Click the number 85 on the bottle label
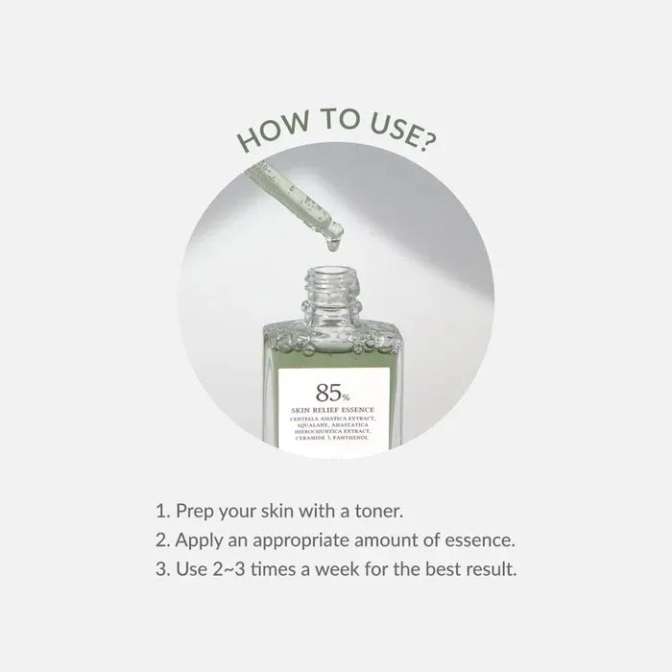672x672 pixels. click(x=322, y=393)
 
